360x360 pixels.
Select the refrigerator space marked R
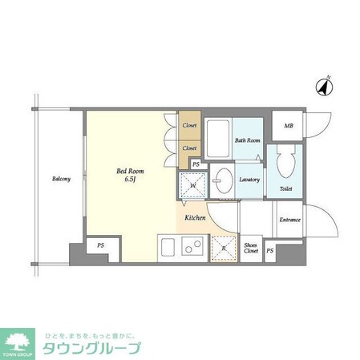click(x=224, y=250)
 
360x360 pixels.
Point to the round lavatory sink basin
click(x=224, y=180)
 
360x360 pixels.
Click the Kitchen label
click(x=196, y=217)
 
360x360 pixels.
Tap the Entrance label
click(x=289, y=220)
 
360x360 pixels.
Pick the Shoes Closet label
click(x=251, y=249)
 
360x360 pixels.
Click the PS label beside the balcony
click(x=101, y=245)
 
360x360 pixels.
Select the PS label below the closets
click(x=196, y=164)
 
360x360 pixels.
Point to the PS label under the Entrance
click(x=270, y=251)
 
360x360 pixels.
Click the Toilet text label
click(x=285, y=189)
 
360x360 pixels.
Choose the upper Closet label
click(x=190, y=126)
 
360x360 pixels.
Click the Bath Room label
click(x=247, y=140)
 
